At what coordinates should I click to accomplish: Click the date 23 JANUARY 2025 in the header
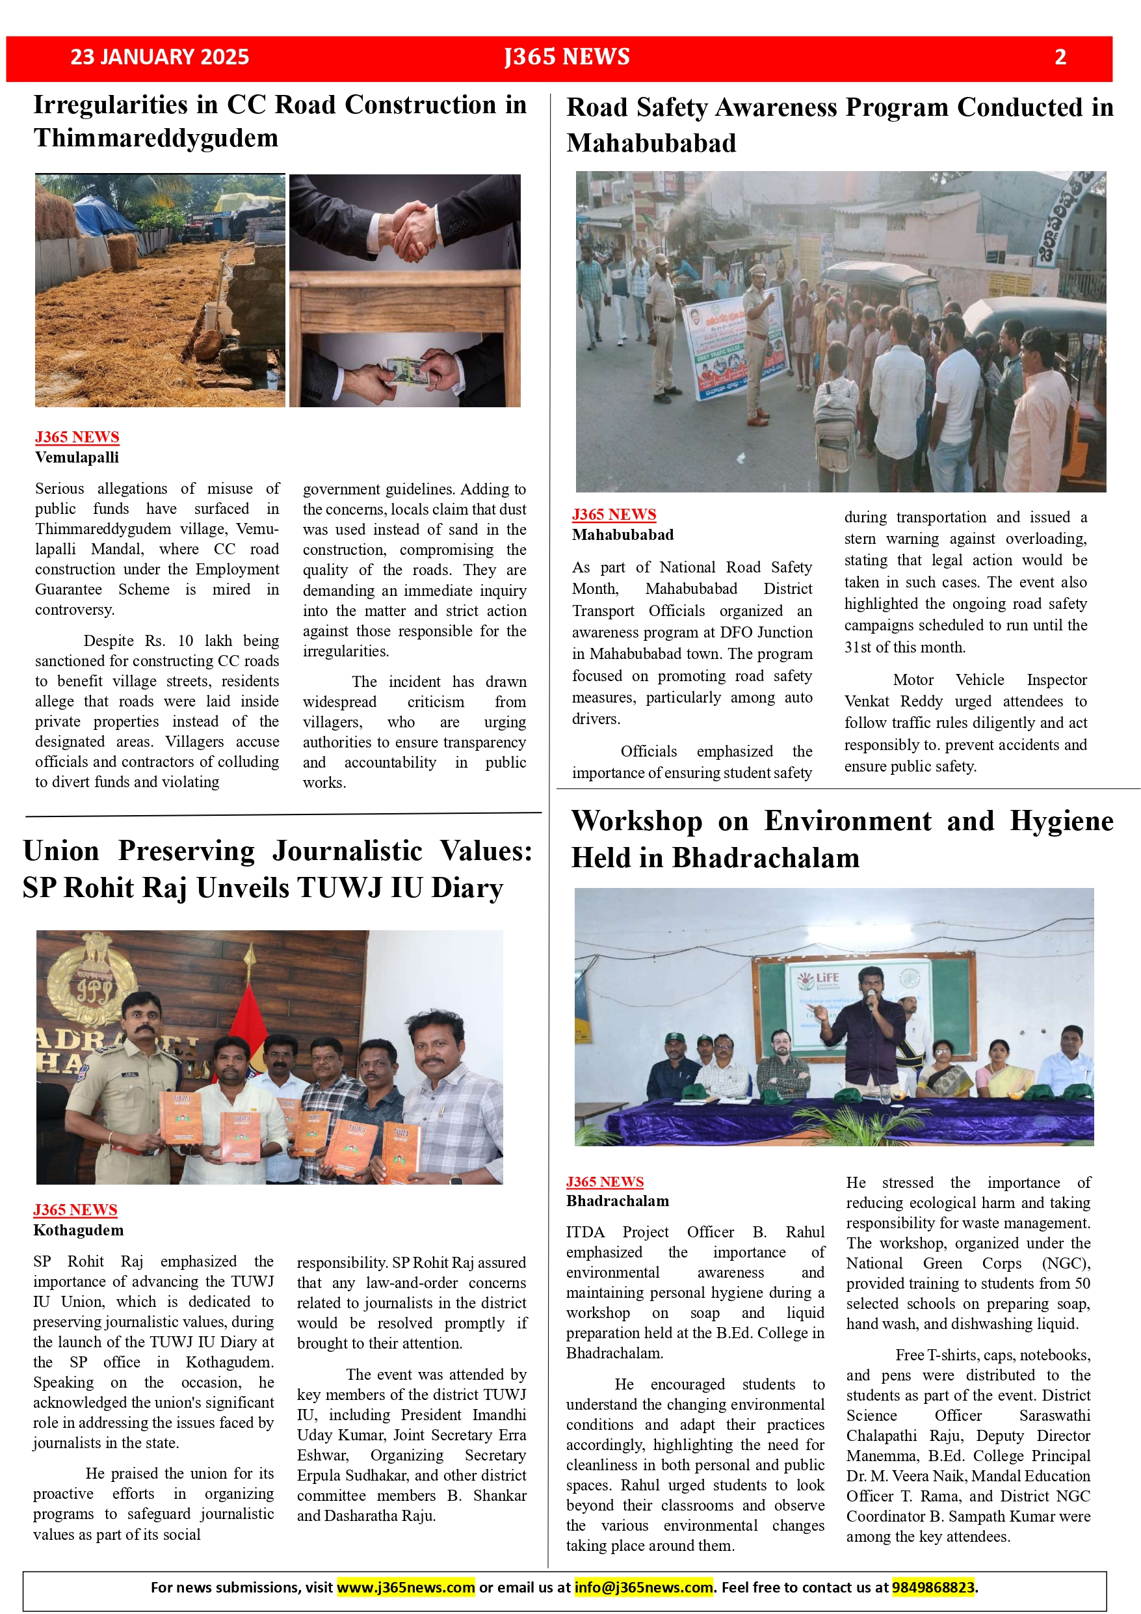tap(159, 57)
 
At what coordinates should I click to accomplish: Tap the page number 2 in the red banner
tap(1060, 57)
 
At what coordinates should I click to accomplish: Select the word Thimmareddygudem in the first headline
tap(156, 139)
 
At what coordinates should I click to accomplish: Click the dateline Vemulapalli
tap(77, 457)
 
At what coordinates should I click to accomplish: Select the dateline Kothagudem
tap(78, 1230)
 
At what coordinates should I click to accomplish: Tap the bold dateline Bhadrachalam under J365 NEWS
tap(618, 1201)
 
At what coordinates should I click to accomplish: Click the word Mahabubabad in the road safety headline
tap(651, 143)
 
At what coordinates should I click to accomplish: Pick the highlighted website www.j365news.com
tap(406, 1587)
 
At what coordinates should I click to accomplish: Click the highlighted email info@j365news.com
tap(644, 1587)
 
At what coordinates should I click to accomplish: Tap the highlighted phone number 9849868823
tap(933, 1587)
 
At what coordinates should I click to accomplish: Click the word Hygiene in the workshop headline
tap(1061, 821)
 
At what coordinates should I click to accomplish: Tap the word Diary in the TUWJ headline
tap(467, 888)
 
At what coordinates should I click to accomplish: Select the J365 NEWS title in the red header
tap(566, 57)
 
